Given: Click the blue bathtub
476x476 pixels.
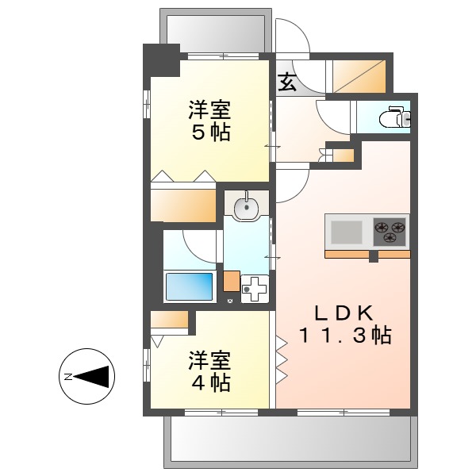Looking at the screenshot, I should (190, 286).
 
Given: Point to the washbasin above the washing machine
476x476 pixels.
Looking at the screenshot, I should (248, 206).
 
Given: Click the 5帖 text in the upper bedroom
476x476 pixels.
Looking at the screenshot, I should (209, 132).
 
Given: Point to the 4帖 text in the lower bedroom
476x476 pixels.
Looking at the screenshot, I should (209, 383).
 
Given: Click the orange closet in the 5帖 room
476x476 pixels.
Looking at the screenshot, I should (183, 205).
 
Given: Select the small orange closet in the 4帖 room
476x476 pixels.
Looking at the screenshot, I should (168, 319).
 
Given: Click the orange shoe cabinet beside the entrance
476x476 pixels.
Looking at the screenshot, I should (359, 75).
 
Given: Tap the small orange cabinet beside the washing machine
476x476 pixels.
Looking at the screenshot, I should (231, 281).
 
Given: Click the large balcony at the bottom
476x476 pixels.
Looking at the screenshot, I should (290, 440).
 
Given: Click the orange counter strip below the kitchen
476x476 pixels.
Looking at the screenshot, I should (367, 254).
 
